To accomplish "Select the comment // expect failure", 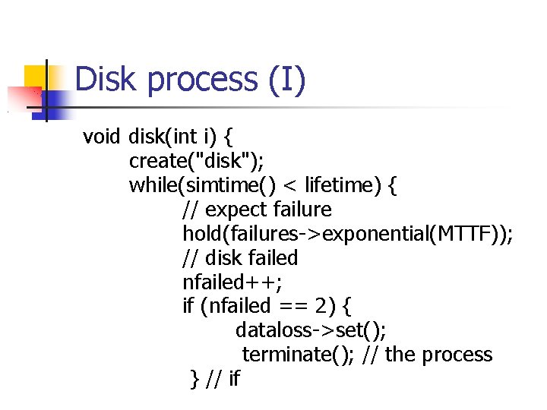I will [x=257, y=210].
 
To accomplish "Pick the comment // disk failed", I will [x=240, y=258].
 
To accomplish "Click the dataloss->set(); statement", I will [x=311, y=331].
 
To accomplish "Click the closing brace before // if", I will [x=194, y=379].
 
